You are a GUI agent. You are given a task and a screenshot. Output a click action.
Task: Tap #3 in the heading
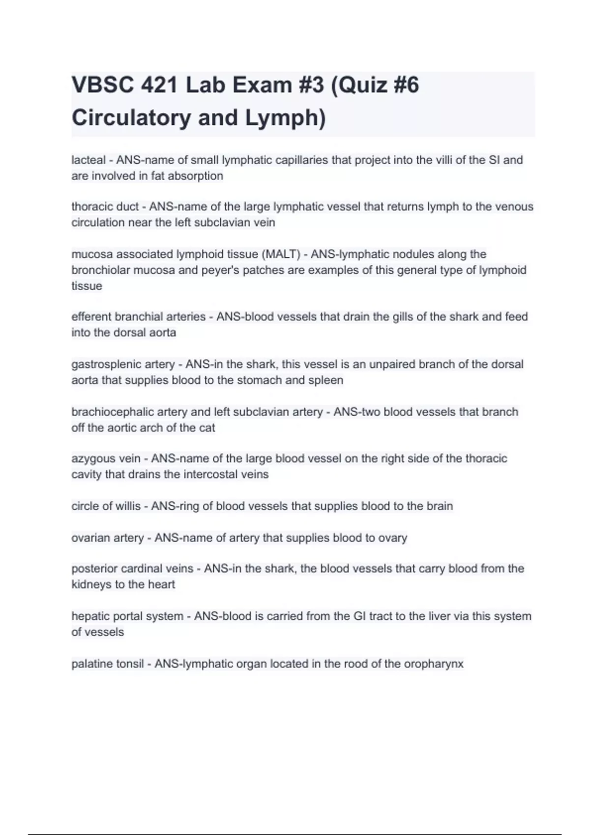308,85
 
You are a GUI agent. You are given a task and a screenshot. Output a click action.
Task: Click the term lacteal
88,160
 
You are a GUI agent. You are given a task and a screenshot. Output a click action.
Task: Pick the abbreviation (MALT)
281,254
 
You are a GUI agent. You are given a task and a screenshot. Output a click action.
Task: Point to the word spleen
326,380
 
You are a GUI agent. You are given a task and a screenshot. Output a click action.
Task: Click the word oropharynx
434,664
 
